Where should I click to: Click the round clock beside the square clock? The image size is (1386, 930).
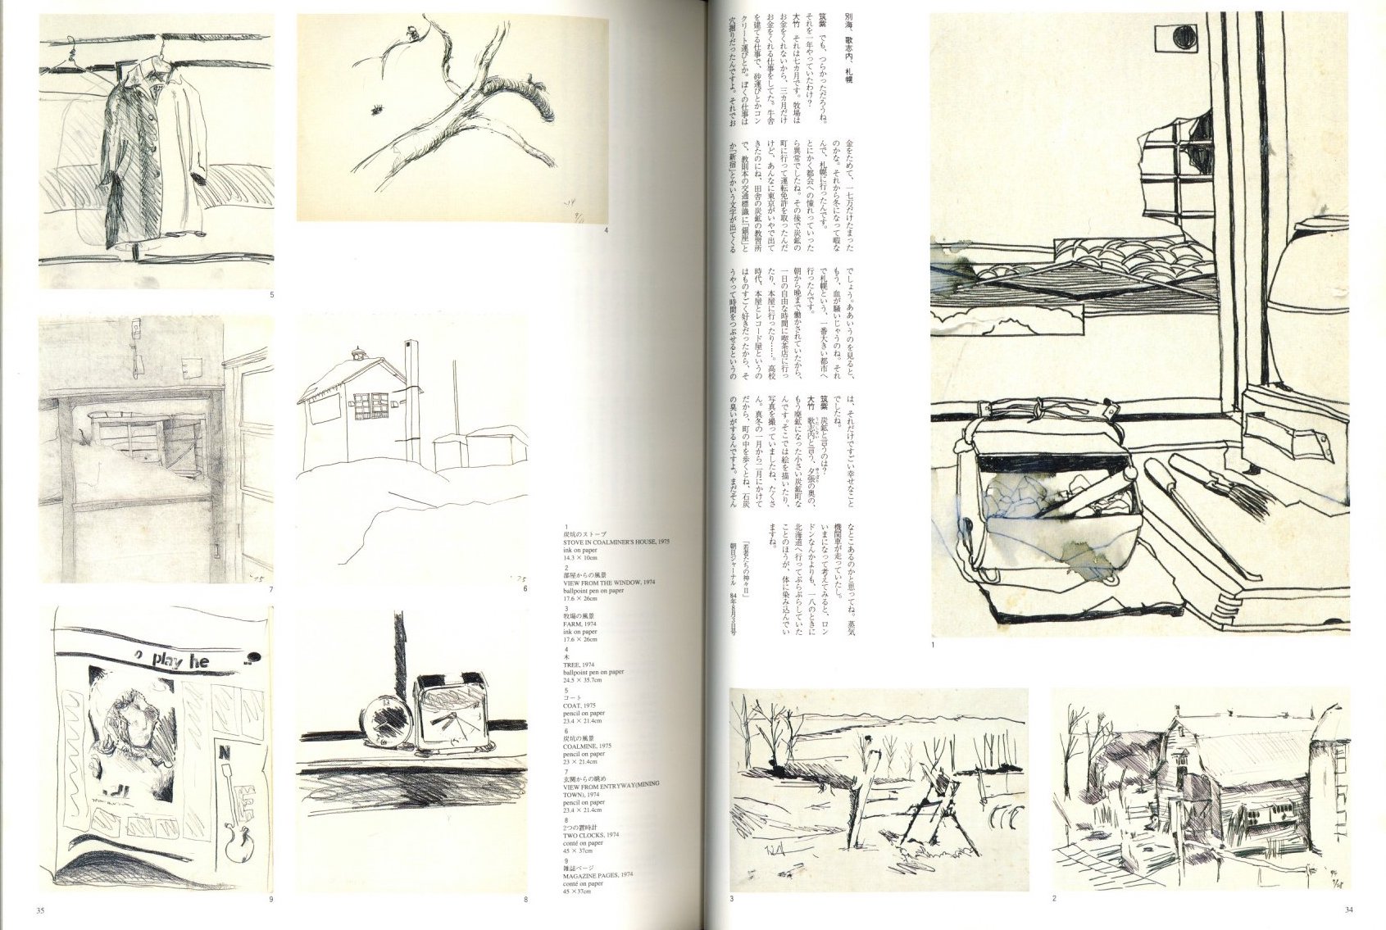(386, 722)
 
